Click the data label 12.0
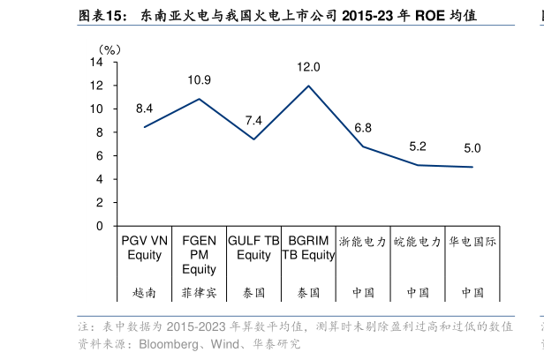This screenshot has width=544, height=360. click(308, 67)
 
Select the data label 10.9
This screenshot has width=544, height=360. click(199, 80)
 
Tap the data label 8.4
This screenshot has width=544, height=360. click(144, 109)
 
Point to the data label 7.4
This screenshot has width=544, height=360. click(253, 120)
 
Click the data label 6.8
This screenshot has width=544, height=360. click(363, 128)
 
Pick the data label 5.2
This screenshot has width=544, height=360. click(418, 146)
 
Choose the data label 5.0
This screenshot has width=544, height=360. click(472, 148)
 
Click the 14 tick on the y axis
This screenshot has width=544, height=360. click(97, 63)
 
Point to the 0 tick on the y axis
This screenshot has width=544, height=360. click(100, 226)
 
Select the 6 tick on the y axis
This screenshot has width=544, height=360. click(100, 156)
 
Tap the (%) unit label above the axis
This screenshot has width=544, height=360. click(110, 49)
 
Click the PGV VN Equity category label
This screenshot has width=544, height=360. click(144, 248)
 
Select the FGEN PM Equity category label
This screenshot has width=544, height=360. click(199, 255)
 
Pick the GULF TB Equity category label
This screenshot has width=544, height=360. click(253, 248)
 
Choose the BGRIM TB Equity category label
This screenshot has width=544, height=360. click(308, 248)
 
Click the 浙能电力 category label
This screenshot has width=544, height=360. click(363, 241)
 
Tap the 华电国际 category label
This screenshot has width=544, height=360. click(472, 241)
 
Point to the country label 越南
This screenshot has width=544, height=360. click(144, 292)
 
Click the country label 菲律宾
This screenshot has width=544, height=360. click(199, 292)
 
